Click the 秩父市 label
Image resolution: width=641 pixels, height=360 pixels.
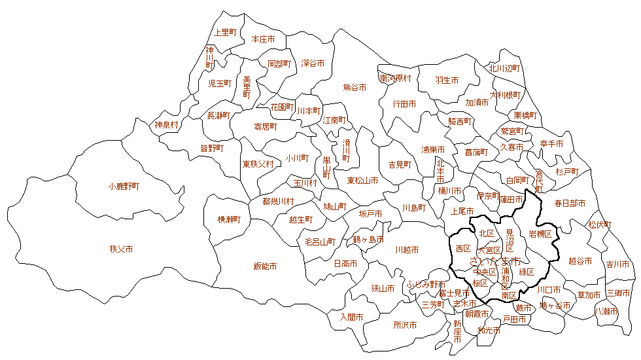click(x=122, y=249)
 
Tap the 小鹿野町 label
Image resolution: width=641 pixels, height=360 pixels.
click(x=124, y=186)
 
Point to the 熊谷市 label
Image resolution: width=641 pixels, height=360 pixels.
click(x=355, y=86)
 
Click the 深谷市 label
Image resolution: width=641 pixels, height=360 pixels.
click(x=313, y=63)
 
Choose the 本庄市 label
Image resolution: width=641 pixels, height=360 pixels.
click(x=263, y=39)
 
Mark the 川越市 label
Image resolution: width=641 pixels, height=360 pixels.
click(x=407, y=249)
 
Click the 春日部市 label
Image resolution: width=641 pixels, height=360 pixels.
click(x=569, y=203)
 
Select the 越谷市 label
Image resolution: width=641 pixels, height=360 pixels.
click(x=580, y=261)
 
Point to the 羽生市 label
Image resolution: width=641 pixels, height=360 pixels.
click(x=447, y=80)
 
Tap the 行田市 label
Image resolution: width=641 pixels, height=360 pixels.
click(x=404, y=103)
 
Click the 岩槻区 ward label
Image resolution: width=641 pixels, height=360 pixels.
click(x=540, y=233)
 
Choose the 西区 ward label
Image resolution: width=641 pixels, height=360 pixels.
click(x=463, y=249)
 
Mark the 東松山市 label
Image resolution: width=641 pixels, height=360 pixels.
click(x=362, y=180)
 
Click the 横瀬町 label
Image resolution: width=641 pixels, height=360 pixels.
click(x=230, y=219)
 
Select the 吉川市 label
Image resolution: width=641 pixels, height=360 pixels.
click(x=617, y=264)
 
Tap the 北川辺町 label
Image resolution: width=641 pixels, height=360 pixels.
click(x=504, y=68)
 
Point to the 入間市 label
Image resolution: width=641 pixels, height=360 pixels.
click(x=351, y=317)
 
